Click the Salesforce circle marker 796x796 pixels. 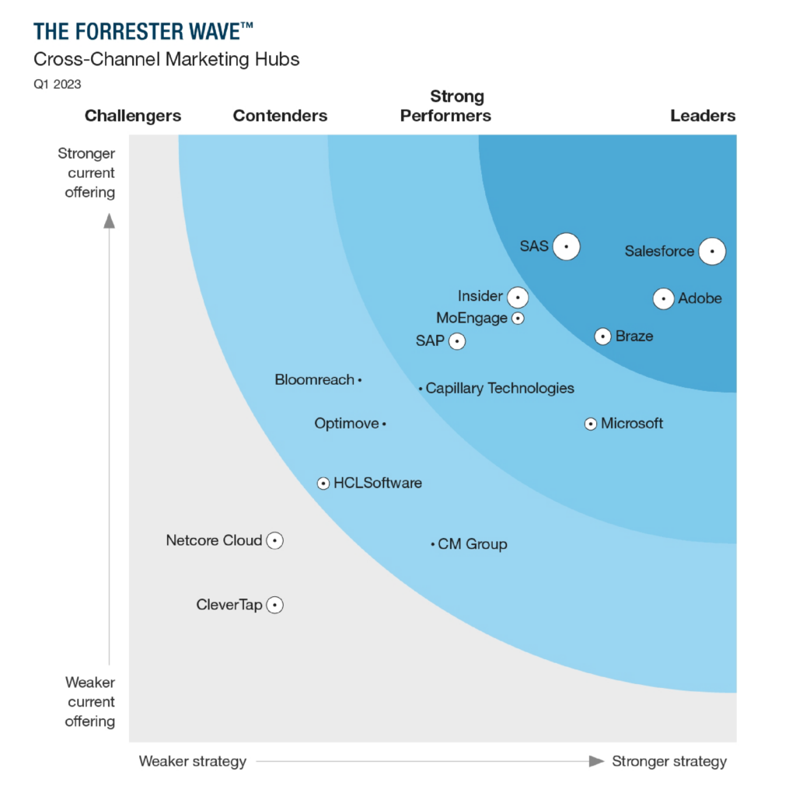[x=712, y=251]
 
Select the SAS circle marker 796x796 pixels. [x=567, y=246]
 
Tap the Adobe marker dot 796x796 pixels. [x=663, y=298]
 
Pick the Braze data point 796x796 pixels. [x=602, y=337]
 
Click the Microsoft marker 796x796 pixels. [x=591, y=424]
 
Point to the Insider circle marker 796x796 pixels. [x=518, y=297]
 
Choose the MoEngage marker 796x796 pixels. [x=518, y=318]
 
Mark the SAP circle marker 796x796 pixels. [x=457, y=341]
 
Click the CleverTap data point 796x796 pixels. [x=274, y=605]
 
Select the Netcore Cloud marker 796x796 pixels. [x=274, y=540]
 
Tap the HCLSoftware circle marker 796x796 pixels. [x=323, y=484]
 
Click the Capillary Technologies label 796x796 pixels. [x=500, y=388]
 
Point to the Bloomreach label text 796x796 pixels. [x=314, y=380]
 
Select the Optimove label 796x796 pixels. [x=347, y=424]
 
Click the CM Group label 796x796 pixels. [x=473, y=544]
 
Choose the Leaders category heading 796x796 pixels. [x=703, y=116]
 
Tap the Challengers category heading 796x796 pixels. [x=133, y=116]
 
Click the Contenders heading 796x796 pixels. [x=280, y=116]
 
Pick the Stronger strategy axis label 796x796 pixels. [x=669, y=761]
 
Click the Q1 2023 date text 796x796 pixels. [x=57, y=84]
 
